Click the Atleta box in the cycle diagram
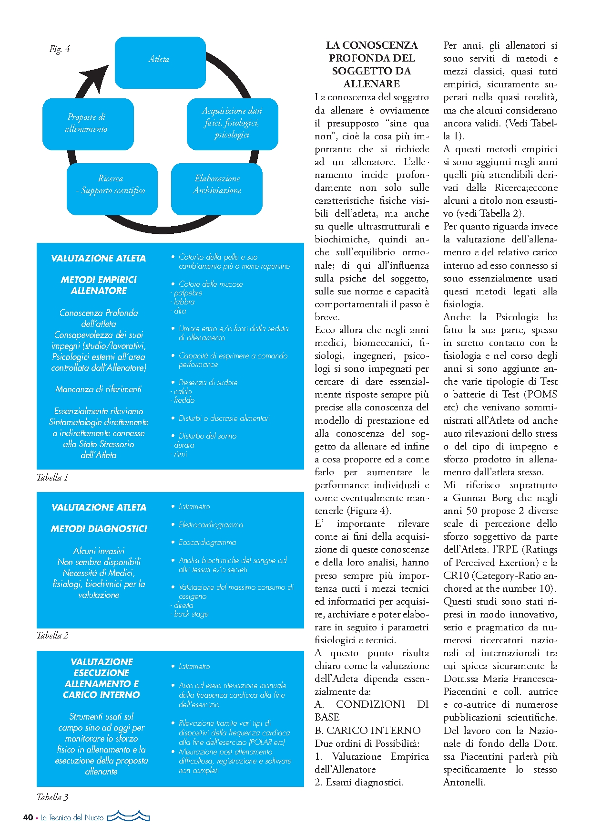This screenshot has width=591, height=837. point(160,62)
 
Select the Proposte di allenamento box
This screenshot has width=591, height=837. point(88,123)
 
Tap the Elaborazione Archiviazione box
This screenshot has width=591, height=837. point(217,188)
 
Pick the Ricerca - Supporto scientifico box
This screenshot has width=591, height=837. point(112,188)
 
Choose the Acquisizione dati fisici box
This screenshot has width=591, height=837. point(232,123)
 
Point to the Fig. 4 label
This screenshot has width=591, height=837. point(60,49)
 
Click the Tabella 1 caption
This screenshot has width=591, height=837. point(52,478)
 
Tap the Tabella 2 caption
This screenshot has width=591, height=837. point(52,636)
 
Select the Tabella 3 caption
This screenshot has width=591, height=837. point(52,797)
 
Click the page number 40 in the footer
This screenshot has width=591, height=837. point(28,817)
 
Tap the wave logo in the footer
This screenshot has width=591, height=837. point(129,816)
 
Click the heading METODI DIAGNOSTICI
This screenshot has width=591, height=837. point(99,529)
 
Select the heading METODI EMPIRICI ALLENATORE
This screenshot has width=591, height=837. point(99,285)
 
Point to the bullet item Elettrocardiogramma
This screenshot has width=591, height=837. point(211,525)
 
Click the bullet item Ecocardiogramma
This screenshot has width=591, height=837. point(207,543)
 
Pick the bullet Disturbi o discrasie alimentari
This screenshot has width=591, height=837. point(224,418)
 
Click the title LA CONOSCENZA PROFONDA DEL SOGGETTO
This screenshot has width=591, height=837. point(371,64)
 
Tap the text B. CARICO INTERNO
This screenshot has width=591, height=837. point(367,731)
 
